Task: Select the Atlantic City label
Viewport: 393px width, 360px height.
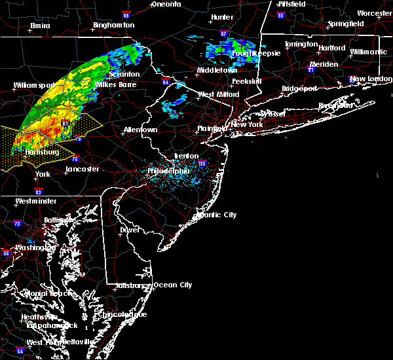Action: pos(217,215)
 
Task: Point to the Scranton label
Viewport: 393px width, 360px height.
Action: pos(124,74)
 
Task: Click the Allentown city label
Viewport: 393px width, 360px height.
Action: pos(140,130)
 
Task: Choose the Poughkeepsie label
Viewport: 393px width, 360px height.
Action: pos(256,53)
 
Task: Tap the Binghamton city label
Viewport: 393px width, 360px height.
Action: pos(113,25)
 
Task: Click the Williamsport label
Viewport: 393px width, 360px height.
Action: pos(34,85)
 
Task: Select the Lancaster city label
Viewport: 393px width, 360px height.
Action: pos(82,169)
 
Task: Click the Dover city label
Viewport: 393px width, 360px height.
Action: pos(130,230)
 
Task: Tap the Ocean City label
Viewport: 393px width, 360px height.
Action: pos(173,285)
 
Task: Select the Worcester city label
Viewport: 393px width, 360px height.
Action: pos(375,13)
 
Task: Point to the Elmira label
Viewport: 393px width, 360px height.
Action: pos(40,26)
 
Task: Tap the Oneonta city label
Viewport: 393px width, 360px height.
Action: pos(166,4)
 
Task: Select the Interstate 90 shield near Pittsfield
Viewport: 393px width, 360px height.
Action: pos(281,15)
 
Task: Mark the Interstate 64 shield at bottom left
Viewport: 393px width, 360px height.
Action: pos(20,351)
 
